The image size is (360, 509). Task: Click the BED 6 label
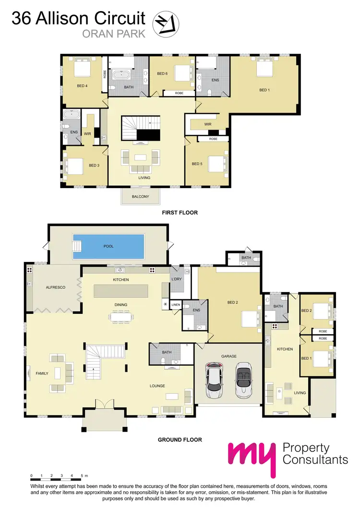(162, 73)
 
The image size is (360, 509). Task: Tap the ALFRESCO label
(55, 287)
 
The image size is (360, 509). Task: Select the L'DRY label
(177, 279)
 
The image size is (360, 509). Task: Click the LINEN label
(175, 305)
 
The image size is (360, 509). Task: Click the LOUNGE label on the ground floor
(157, 386)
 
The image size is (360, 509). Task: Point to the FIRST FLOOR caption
(180, 213)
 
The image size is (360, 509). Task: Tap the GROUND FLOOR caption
(180, 439)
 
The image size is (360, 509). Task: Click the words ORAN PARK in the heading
(114, 33)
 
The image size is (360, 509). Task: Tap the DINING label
(120, 304)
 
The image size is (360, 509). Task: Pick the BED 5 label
(197, 164)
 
